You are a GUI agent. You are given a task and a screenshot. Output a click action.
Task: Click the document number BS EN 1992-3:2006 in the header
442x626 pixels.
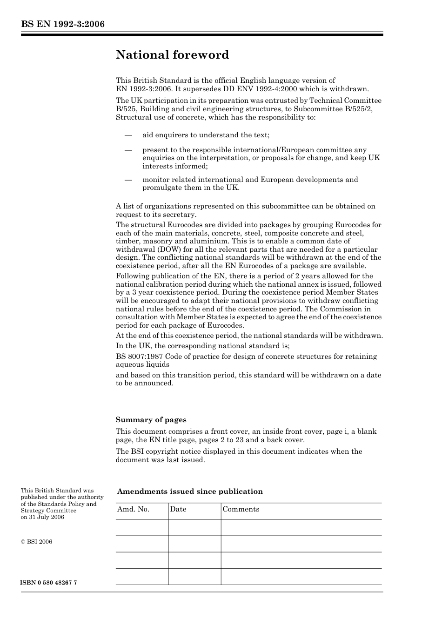click(x=62, y=24)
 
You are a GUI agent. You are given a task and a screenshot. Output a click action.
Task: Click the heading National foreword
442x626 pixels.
click(x=172, y=55)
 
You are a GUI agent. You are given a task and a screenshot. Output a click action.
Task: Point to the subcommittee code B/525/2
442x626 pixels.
click(x=359, y=109)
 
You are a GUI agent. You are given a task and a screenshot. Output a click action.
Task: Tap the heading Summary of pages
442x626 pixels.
click(x=151, y=420)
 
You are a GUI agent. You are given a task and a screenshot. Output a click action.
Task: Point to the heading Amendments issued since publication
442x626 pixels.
click(x=190, y=491)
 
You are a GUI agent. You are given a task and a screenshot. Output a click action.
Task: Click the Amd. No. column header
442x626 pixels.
click(x=133, y=509)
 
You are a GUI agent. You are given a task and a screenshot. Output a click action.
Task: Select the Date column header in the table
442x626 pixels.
click(x=178, y=509)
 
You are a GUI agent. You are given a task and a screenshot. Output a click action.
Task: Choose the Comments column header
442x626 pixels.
click(x=241, y=509)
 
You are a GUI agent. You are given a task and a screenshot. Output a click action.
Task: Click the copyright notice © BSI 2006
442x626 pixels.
click(x=36, y=542)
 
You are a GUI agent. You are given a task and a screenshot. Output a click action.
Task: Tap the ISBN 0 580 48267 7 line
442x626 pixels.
click(x=49, y=583)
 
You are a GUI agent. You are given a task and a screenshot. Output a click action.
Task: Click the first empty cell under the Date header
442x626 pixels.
click(x=194, y=527)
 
